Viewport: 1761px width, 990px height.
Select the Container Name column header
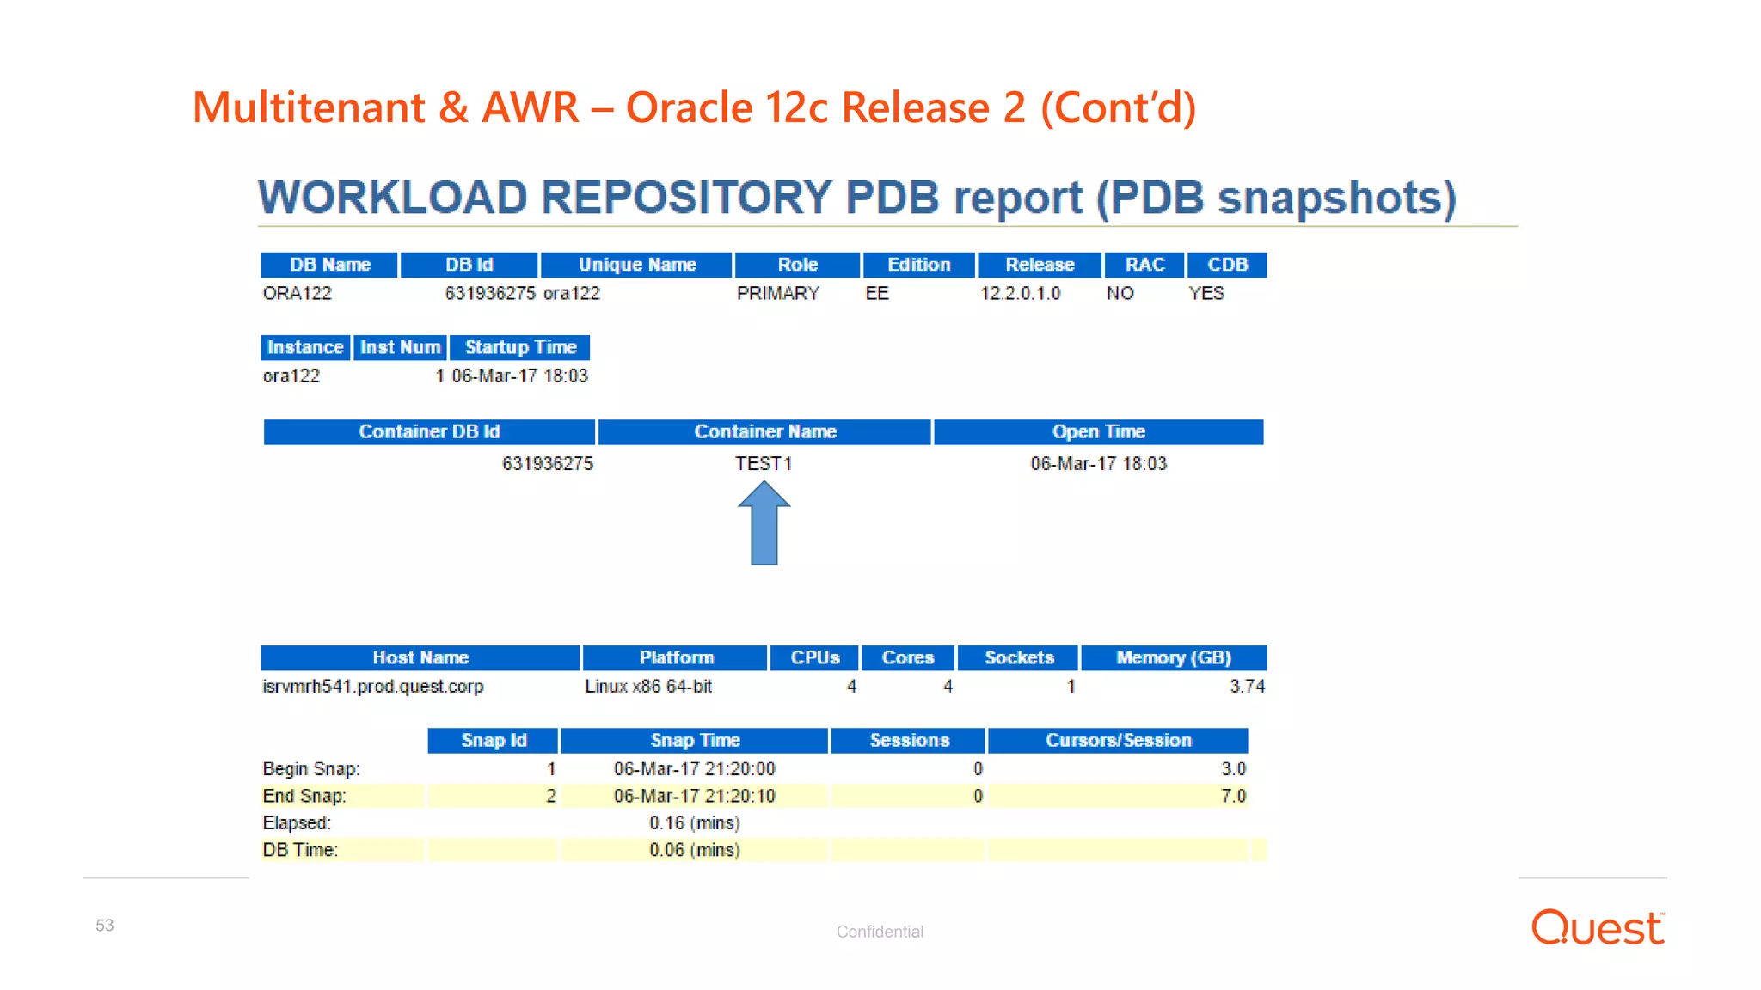(x=764, y=431)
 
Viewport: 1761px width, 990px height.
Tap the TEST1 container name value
(x=764, y=464)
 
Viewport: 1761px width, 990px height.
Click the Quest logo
(x=1598, y=928)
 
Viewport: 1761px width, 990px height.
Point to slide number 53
(x=105, y=926)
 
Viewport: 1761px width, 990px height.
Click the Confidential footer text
(x=880, y=932)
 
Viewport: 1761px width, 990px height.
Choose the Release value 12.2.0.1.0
(x=1020, y=294)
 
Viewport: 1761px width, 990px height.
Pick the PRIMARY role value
(x=778, y=294)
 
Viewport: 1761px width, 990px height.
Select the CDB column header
(x=1227, y=265)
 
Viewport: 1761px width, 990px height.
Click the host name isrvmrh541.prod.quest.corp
(x=373, y=687)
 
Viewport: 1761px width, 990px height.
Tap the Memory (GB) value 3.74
(x=1247, y=687)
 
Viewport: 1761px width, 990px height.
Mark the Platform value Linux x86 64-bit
(x=648, y=687)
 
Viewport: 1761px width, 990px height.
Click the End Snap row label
(x=304, y=797)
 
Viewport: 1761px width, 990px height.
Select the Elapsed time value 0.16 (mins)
(x=695, y=823)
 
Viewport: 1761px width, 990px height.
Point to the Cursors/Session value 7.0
(x=1233, y=797)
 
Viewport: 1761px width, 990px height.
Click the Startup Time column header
(x=520, y=348)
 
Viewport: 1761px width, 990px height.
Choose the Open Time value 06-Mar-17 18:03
(x=1098, y=464)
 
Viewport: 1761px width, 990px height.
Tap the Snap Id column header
(x=494, y=741)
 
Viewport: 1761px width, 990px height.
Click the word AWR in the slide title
(x=530, y=108)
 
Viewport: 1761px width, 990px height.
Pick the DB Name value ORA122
(x=298, y=294)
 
